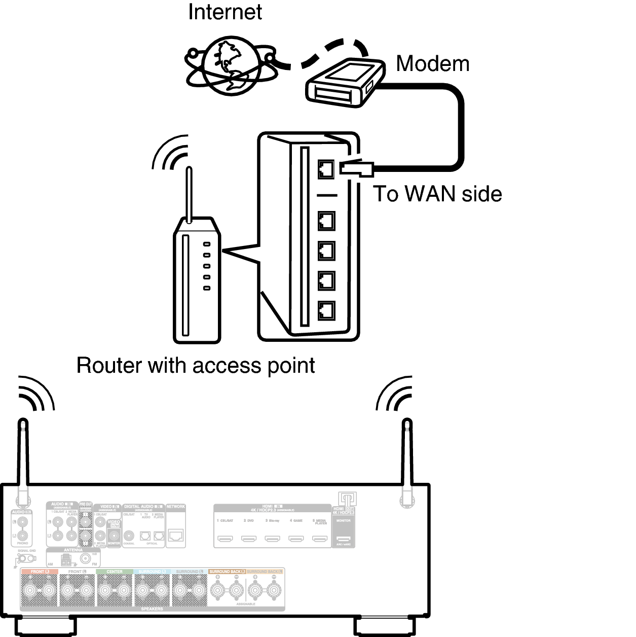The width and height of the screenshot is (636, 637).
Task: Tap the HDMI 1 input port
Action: point(225,538)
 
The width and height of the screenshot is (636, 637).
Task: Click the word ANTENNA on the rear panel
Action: point(73,550)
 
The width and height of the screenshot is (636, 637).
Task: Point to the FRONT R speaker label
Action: point(77,572)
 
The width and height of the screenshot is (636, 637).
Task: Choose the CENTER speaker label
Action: point(115,572)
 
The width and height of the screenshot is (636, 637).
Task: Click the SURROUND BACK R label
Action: point(227,572)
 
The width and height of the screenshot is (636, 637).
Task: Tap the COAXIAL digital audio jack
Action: point(129,536)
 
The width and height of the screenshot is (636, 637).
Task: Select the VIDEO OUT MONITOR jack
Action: point(114,536)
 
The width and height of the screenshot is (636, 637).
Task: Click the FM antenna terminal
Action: point(86,558)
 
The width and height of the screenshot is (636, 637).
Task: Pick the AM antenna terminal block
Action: point(66,560)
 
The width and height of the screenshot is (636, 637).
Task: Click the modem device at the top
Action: point(345,83)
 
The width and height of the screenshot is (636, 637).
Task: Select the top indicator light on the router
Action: point(207,244)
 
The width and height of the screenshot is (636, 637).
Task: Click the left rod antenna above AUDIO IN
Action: point(23,456)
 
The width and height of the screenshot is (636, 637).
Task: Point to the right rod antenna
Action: point(407,456)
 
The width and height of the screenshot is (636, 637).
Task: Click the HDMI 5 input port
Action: point(320,538)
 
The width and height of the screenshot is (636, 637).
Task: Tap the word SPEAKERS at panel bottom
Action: point(152,609)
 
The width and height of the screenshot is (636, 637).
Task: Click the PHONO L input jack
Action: point(21,522)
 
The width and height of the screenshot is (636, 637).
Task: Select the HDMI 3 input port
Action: point(273,538)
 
